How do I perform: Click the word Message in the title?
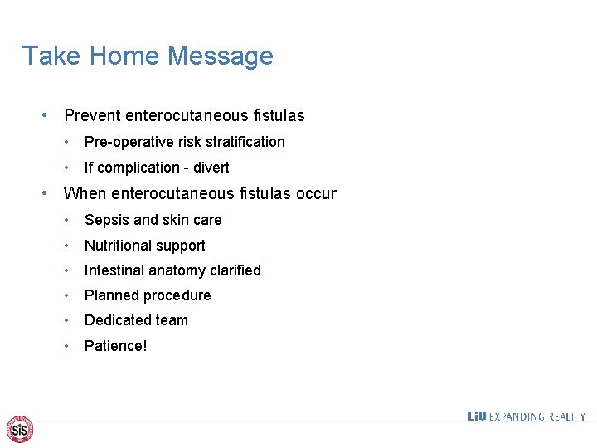pyautogui.click(x=221, y=56)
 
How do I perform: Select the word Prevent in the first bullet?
pyautogui.click(x=92, y=116)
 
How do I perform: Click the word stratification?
pyautogui.click(x=246, y=142)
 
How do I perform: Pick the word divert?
pyautogui.click(x=211, y=168)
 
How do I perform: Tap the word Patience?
pyautogui.click(x=116, y=345)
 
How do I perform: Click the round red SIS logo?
pyautogui.click(x=20, y=429)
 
